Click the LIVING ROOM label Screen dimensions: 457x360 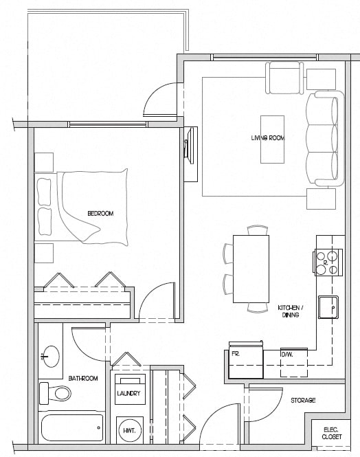[267, 138]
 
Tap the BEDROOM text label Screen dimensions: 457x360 [100, 214]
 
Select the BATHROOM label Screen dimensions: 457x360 [83, 379]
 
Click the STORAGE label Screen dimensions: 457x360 [302, 400]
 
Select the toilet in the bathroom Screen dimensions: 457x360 [55, 394]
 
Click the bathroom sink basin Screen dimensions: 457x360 [49, 356]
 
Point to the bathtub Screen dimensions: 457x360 [72, 427]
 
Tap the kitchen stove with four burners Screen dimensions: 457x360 [329, 262]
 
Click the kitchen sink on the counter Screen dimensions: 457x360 [330, 306]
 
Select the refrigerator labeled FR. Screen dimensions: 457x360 [245, 361]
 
